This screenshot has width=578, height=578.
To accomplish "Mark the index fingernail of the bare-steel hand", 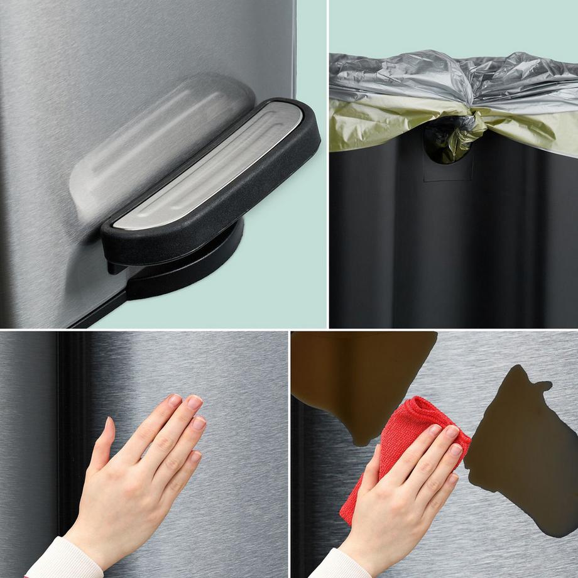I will click(x=173, y=400).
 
